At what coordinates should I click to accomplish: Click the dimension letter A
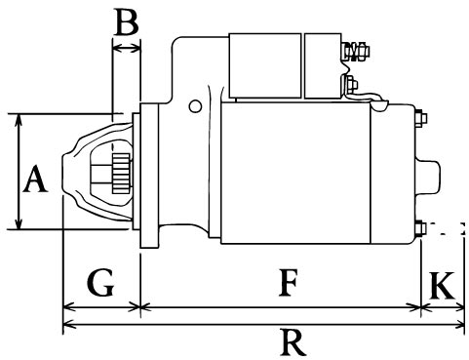(x=35, y=179)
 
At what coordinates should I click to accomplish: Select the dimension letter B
(x=127, y=21)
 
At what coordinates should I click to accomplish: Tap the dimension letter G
(x=100, y=282)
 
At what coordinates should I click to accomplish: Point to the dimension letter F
(x=288, y=282)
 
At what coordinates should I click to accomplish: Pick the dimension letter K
(x=442, y=286)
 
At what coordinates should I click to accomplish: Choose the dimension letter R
(x=293, y=342)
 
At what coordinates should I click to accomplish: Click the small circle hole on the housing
(x=195, y=106)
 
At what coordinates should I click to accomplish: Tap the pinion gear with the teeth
(x=121, y=174)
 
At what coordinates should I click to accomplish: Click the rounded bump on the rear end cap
(x=430, y=177)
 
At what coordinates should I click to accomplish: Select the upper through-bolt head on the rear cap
(x=421, y=118)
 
